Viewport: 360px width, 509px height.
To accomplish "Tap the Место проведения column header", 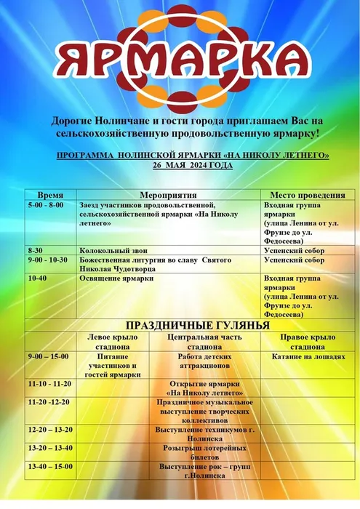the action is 306,195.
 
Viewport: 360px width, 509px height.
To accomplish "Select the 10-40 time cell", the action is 38,278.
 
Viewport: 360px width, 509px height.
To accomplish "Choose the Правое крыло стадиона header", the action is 306,342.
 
